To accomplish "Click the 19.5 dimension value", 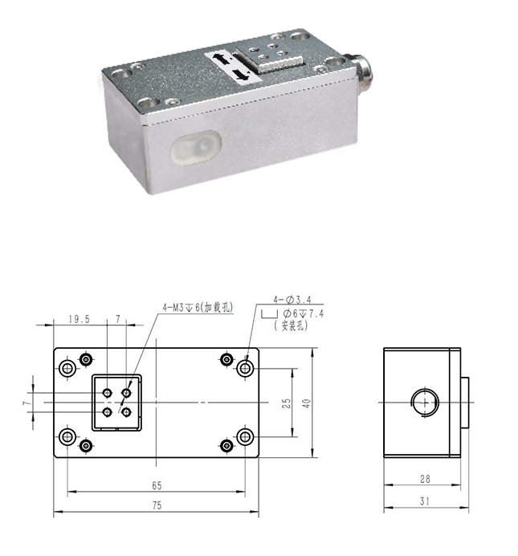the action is [x=79, y=319].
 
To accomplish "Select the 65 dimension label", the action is [x=157, y=485].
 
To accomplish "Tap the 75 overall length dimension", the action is [x=157, y=505].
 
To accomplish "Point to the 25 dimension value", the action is [x=286, y=403].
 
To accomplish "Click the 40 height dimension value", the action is [x=307, y=403].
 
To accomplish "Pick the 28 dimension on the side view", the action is [x=425, y=479].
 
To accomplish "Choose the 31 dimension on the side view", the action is [x=425, y=501].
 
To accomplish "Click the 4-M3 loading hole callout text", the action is [x=198, y=307].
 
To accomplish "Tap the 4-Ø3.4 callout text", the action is [x=292, y=300].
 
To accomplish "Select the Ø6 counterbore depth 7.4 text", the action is [x=304, y=313].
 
